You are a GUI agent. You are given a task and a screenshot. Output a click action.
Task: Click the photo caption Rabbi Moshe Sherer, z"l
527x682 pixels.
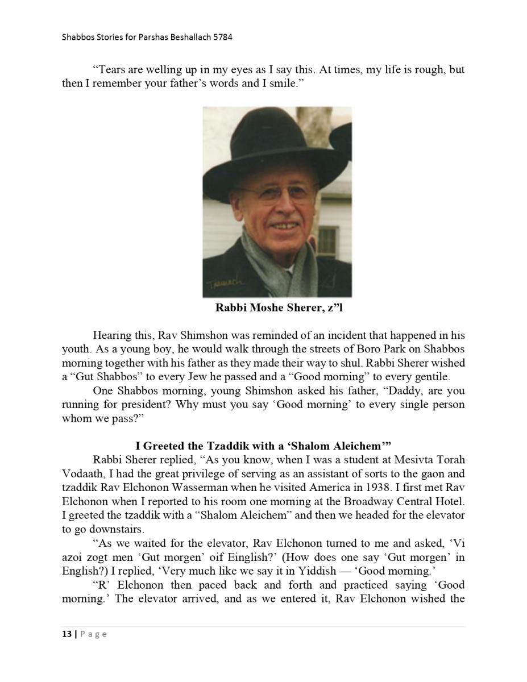279,308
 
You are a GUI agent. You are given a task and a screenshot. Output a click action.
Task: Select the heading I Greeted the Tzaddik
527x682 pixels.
263,446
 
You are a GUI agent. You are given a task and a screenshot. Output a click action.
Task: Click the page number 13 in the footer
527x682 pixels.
67,634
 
